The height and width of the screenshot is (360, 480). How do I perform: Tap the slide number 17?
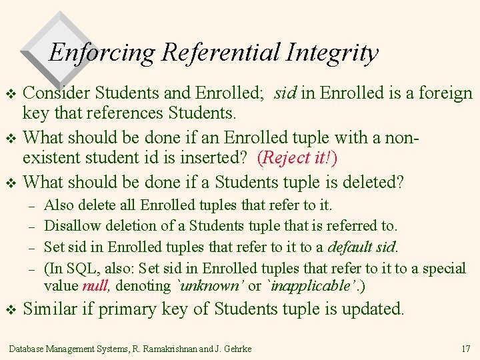[x=465, y=349]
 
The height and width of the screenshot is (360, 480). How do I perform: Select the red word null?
[x=95, y=286]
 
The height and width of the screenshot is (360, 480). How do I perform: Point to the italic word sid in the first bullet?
[x=285, y=93]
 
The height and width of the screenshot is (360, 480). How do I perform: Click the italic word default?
[x=351, y=247]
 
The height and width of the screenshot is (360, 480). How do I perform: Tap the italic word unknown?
[x=212, y=286]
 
